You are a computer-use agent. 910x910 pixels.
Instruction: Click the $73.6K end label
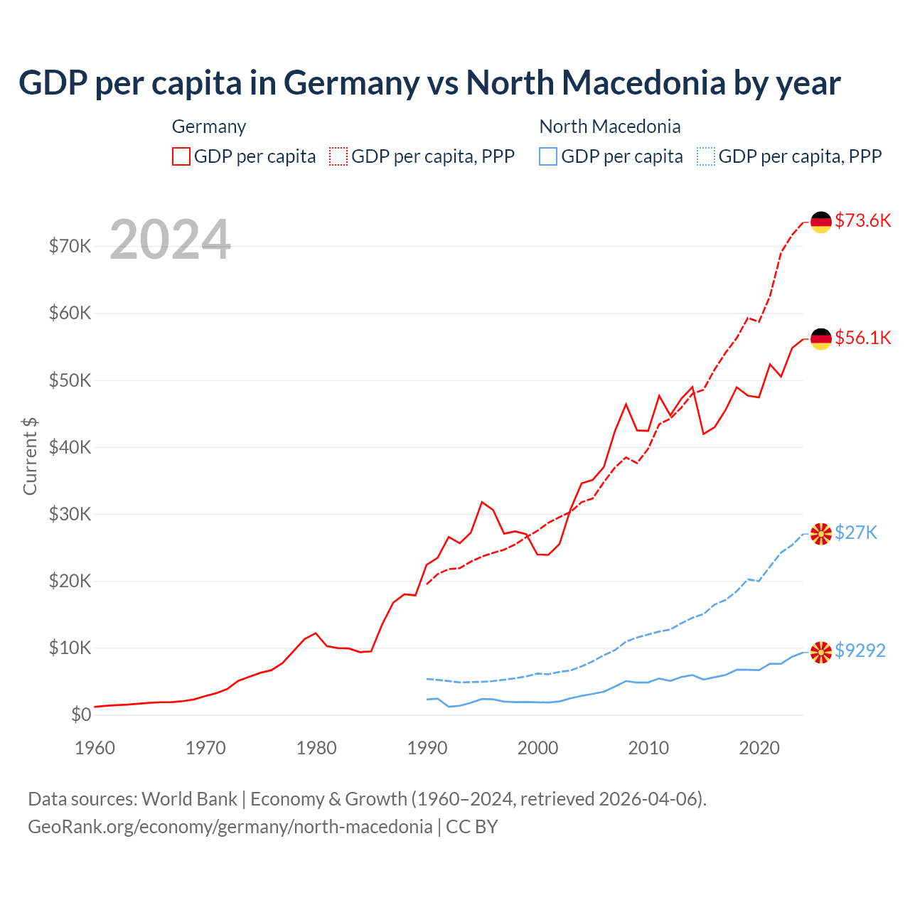tap(862, 220)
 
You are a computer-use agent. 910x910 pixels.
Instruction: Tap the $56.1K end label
tap(862, 338)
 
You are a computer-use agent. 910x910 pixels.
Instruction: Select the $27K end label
tap(856, 532)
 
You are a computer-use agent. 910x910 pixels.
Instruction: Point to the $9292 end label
tap(860, 651)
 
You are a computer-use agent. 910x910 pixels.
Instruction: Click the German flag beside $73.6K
tap(821, 222)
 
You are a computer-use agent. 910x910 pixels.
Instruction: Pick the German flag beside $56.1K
tap(821, 339)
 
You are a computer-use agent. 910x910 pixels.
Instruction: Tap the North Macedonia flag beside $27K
tap(821, 534)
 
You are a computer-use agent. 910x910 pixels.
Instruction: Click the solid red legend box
tap(181, 156)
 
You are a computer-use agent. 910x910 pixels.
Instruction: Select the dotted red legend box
tap(338, 156)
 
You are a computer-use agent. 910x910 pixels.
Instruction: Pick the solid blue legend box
tap(548, 156)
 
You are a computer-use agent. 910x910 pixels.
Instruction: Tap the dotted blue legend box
tap(706, 156)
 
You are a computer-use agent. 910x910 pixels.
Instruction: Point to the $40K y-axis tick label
tap(70, 447)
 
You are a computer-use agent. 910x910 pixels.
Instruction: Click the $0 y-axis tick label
tap(81, 715)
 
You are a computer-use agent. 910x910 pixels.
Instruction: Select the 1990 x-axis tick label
tap(427, 748)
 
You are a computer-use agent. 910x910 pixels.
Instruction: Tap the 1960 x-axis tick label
tap(95, 748)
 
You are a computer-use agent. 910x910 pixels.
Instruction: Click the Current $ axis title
tap(30, 456)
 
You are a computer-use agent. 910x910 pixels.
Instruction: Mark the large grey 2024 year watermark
tap(170, 240)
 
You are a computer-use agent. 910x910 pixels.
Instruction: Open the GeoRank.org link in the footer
tap(230, 827)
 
